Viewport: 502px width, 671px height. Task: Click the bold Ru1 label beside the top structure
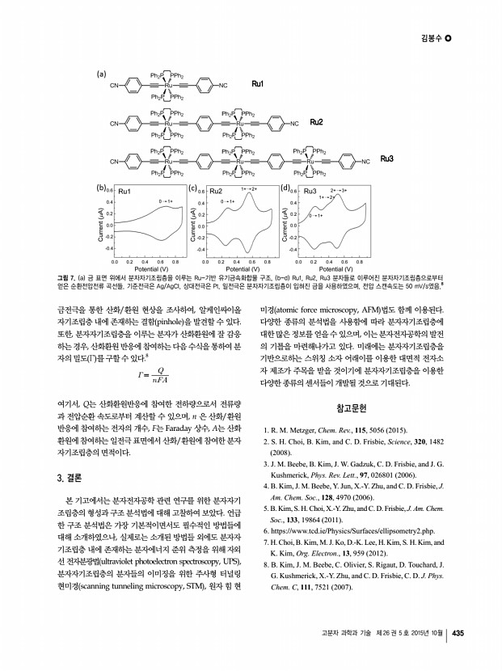(259, 84)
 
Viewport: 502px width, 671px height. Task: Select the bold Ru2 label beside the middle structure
(316, 122)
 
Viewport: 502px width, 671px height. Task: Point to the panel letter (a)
(103, 73)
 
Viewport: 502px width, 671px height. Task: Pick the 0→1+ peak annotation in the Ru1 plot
(166, 200)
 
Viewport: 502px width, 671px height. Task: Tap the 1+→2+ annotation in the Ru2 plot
(249, 189)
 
